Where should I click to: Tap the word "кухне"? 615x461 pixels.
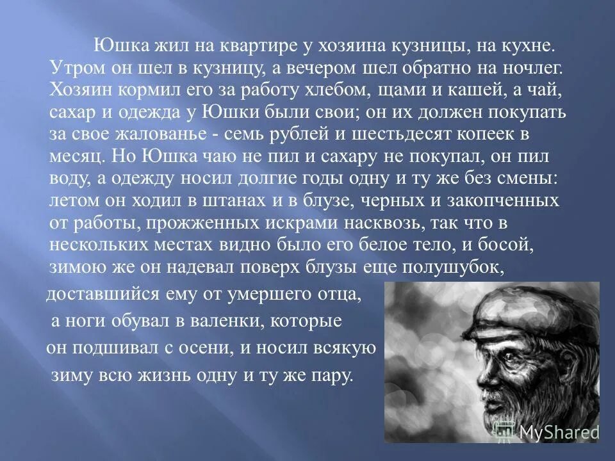click(529, 46)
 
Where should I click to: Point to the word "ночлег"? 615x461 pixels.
click(524, 68)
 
